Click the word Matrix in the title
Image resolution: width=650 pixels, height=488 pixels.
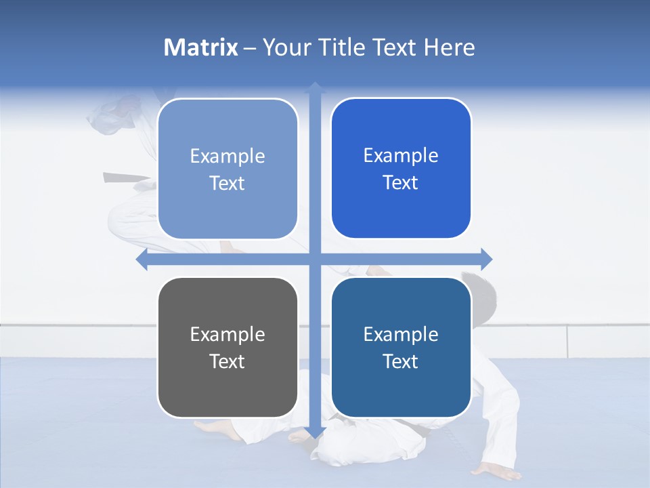click(x=201, y=47)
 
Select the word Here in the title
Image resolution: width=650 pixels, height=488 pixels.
click(x=449, y=47)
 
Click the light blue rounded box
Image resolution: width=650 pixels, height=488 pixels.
click(x=227, y=169)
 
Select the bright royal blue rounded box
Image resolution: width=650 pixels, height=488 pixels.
click(x=401, y=168)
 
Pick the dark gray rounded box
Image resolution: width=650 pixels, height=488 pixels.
click(x=227, y=347)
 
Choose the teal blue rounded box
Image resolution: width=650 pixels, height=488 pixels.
click(x=401, y=347)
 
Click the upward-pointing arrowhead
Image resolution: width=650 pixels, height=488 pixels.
click(x=315, y=87)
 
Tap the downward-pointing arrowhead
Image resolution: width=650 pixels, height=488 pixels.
click(x=315, y=432)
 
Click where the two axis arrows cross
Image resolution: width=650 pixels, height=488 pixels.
click(x=315, y=259)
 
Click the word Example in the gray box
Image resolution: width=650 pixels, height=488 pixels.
click(x=227, y=334)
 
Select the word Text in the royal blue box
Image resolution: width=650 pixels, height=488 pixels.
click(x=401, y=183)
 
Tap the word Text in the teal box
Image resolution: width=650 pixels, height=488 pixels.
click(x=401, y=361)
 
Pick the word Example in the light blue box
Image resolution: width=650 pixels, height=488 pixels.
click(x=227, y=156)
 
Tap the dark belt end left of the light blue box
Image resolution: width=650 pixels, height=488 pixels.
click(x=125, y=178)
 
